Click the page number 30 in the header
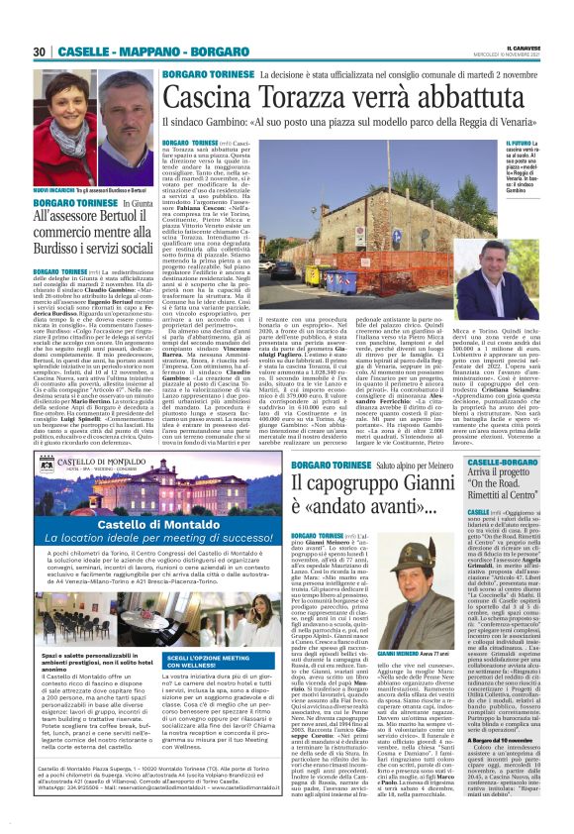click(40, 52)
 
